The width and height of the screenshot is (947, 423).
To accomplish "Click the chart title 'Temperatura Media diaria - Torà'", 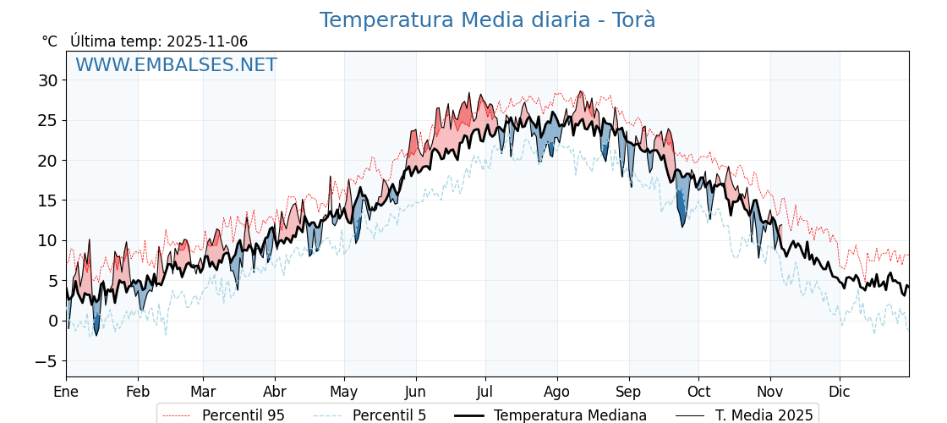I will [487, 20].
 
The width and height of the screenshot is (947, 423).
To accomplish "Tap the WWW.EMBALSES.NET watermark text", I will [176, 65].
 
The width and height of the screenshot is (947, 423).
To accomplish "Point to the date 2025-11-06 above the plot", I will [207, 41].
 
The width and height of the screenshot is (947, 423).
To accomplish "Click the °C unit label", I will [50, 41].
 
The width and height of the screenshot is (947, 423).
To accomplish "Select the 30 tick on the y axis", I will [47, 80].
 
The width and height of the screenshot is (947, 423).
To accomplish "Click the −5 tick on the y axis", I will [46, 361].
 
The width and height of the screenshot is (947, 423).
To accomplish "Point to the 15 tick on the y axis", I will [47, 201].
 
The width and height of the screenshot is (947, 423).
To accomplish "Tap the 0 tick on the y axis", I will [52, 321].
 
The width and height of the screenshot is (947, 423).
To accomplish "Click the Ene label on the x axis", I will [66, 392].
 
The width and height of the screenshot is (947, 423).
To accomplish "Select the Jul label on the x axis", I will [485, 392].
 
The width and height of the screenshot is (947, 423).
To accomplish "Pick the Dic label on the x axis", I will [840, 392].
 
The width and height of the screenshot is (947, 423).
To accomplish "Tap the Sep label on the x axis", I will [629, 392].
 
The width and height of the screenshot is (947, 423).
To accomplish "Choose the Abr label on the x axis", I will [275, 392].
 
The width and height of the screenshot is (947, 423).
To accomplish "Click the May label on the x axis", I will [344, 392].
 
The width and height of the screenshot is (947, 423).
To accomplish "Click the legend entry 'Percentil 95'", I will [243, 415].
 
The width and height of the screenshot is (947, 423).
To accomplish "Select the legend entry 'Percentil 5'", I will [389, 415].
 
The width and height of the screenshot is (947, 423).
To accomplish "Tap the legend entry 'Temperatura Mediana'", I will [570, 415].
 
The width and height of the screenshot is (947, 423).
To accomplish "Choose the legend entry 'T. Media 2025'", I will [764, 415].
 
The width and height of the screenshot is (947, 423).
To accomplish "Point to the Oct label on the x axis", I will [698, 392].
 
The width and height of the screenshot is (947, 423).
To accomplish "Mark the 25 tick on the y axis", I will [47, 120].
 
